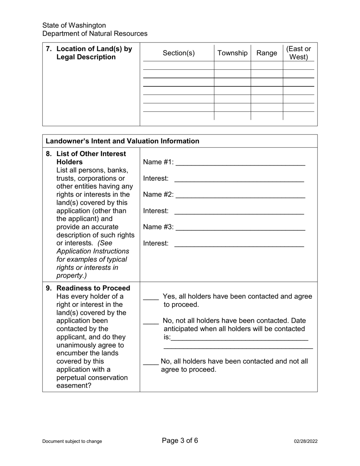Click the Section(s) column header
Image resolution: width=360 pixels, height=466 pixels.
[178, 53]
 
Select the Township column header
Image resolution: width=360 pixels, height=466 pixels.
[232, 53]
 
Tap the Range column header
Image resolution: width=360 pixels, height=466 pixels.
[267, 53]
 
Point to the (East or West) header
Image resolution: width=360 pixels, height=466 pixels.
[299, 53]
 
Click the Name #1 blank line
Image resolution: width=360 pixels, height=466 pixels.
[241, 163]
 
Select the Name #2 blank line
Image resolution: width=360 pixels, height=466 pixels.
[241, 195]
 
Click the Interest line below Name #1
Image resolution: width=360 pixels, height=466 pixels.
[239, 179]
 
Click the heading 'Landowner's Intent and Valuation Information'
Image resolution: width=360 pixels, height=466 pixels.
[122, 141]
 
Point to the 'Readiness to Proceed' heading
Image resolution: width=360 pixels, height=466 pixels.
[93, 288]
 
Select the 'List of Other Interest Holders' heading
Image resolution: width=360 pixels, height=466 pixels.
[91, 158]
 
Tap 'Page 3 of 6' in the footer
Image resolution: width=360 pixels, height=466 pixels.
[180, 440]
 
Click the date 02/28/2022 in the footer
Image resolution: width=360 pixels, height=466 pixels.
[305, 441]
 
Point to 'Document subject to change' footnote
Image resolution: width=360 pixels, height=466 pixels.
[72, 441]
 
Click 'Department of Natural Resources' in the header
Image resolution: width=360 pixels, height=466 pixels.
[95, 34]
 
